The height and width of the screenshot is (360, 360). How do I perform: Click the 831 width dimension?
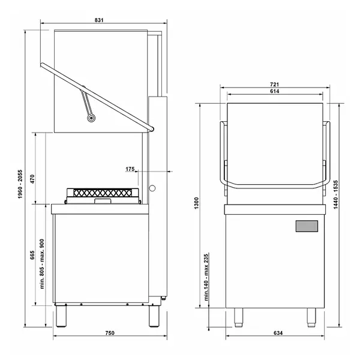99,20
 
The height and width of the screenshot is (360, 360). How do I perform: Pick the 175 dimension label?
130,169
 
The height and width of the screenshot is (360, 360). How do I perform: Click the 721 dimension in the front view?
274,85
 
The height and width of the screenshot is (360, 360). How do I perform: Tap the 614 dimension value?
274,92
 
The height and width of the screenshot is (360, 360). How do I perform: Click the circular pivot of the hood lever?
92,119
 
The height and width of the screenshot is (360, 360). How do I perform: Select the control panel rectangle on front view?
307,226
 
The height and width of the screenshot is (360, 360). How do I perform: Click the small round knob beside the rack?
152,189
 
